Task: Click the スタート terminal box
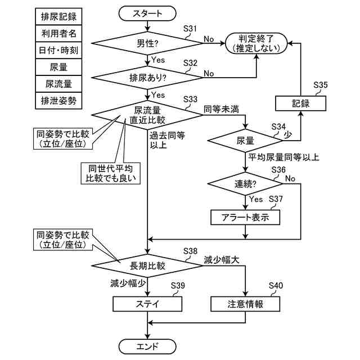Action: click(147, 13)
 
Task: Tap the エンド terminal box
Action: click(147, 346)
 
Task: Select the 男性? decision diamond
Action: click(147, 43)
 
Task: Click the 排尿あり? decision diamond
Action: click(147, 78)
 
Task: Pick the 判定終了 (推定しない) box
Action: click(256, 43)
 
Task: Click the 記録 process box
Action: click(300, 103)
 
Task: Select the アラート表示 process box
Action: click(245, 217)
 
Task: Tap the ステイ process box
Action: click(147, 304)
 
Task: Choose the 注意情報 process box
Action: click(245, 304)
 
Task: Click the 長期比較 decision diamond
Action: click(147, 265)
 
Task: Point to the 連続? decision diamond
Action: click(245, 184)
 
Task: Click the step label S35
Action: click(321, 85)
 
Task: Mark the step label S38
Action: click(190, 251)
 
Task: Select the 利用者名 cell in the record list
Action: click(58, 34)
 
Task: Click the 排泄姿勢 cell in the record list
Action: click(58, 101)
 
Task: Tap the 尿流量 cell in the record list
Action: click(58, 84)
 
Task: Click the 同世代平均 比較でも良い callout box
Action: click(110, 173)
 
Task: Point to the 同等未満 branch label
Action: click(221, 109)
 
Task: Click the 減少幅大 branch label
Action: click(221, 260)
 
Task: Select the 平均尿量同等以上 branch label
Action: click(283, 157)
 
